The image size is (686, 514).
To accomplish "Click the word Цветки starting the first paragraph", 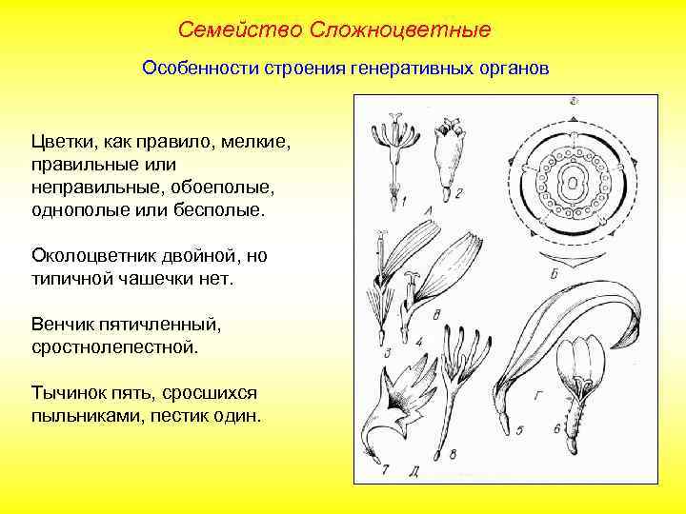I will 62,142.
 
